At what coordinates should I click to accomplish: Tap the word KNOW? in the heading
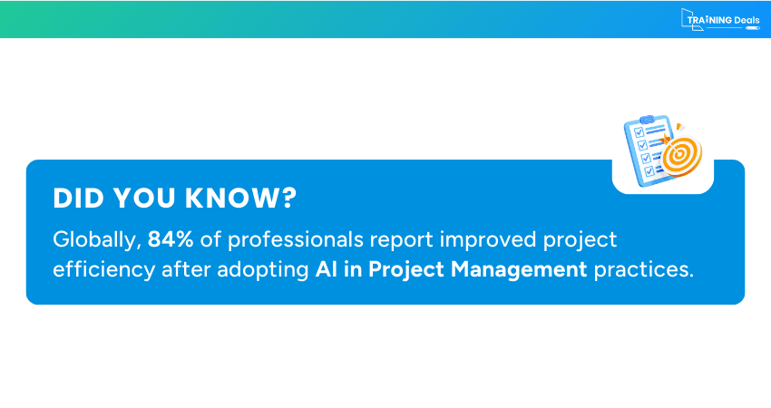241,198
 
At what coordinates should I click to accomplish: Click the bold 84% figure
171,239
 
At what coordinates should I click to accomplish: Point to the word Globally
97,240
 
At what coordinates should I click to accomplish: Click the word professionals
296,240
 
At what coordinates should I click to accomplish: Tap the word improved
488,240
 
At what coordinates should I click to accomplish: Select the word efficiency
103,270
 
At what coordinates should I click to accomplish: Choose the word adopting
263,270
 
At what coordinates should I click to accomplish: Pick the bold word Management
519,270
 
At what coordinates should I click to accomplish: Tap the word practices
644,269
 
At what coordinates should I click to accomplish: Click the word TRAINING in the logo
709,20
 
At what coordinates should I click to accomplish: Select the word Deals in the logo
747,20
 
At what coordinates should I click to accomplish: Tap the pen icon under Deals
752,28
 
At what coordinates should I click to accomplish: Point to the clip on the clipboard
647,120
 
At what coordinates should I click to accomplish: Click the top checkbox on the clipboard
639,131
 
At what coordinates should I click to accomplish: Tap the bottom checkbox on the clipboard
649,171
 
